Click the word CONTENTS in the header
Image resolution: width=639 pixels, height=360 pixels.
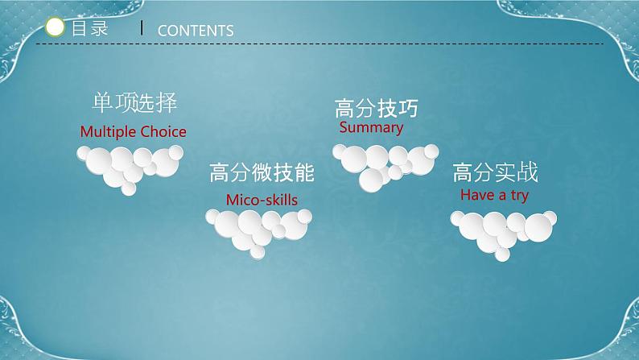(196, 31)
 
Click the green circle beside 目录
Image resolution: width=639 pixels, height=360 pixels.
(56, 28)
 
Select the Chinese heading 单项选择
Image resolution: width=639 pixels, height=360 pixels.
(133, 104)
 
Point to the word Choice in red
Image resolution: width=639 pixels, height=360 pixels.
(163, 132)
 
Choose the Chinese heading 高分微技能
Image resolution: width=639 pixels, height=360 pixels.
(261, 173)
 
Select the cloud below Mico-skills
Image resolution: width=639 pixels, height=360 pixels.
(258, 227)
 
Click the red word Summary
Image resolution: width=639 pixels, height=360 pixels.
(371, 128)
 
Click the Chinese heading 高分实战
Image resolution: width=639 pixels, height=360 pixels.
(495, 172)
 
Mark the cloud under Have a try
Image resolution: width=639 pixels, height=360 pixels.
(503, 230)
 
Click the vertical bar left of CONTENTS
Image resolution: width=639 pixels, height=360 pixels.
(142, 28)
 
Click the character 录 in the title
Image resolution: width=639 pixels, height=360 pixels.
(99, 28)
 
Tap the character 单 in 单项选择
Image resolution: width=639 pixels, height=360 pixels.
(101, 104)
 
